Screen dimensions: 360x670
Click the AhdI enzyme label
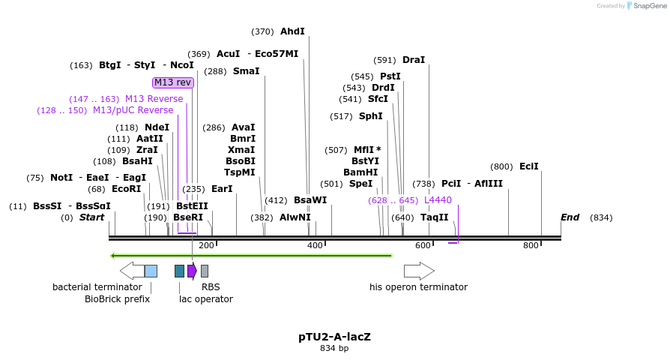click(292, 31)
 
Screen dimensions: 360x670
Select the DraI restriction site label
click(414, 60)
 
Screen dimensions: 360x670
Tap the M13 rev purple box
click(173, 82)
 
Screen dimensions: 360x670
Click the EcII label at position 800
click(528, 166)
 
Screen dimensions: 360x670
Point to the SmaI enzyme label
click(246, 71)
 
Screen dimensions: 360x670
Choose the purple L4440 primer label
click(438, 200)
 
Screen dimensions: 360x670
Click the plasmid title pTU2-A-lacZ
click(334, 337)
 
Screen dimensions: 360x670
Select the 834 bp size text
click(334, 348)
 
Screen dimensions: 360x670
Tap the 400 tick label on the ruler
click(315, 245)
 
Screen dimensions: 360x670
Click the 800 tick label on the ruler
click(531, 245)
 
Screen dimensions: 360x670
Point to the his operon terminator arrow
click(419, 271)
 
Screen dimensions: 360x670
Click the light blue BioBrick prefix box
click(151, 271)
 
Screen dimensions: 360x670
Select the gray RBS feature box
click(205, 271)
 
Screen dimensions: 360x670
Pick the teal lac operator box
click(179, 271)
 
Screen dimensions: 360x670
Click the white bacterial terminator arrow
click(131, 271)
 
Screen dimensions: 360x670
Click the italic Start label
click(91, 217)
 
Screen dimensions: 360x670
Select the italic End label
click(570, 217)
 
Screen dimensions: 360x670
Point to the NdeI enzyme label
click(157, 127)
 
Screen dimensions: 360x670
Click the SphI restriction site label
click(370, 116)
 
